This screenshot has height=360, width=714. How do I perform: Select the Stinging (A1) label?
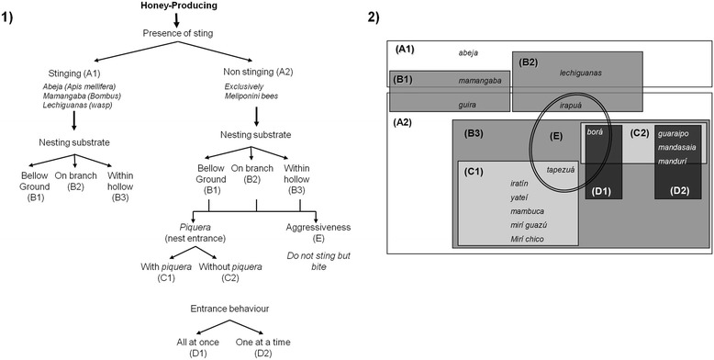(x=82, y=74)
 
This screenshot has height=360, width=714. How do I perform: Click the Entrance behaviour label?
(x=230, y=309)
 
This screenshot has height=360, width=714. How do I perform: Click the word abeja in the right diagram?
(x=469, y=53)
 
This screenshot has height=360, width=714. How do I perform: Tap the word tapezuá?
(x=561, y=170)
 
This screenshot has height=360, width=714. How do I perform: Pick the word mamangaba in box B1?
(x=479, y=81)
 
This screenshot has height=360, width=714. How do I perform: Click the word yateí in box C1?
(x=520, y=197)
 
